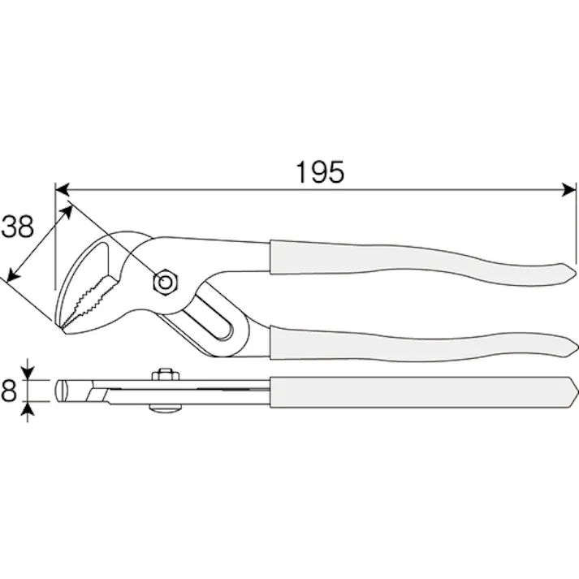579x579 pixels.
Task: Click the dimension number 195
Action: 320,172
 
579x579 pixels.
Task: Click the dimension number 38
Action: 17,227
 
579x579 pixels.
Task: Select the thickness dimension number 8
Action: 8,391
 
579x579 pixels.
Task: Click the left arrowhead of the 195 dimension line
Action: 62,190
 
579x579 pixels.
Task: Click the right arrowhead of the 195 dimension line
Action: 568,190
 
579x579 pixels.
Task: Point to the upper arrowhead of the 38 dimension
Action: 67,212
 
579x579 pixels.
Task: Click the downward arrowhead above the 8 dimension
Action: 28,373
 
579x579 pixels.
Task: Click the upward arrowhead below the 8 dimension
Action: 28,408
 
